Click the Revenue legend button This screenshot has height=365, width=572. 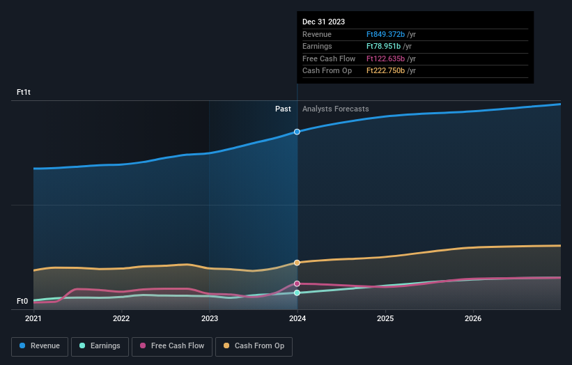click(40, 346)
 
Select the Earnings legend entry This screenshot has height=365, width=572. click(100, 346)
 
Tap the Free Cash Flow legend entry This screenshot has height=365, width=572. click(172, 346)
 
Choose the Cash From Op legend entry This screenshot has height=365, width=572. click(254, 346)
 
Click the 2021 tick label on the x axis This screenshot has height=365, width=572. click(33, 319)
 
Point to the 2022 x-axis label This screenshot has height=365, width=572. click(121, 319)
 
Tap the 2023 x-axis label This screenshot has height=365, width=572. click(210, 319)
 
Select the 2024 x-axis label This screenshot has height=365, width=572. click(297, 319)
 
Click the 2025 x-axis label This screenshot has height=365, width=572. click(385, 319)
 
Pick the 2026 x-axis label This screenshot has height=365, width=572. click(473, 319)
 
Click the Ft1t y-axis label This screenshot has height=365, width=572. click(24, 92)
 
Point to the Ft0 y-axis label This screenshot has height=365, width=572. click(22, 301)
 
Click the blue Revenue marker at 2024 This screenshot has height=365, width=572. click(297, 132)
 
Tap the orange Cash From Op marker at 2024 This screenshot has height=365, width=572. click(297, 263)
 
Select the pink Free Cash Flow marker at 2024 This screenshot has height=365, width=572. click(297, 284)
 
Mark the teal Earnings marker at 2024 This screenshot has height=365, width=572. click(297, 293)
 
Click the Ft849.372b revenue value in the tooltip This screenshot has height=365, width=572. click(385, 34)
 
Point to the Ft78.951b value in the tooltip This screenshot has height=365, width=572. click(383, 46)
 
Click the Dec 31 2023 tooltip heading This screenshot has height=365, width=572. click(323, 22)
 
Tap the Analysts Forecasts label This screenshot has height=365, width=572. click(336, 109)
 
